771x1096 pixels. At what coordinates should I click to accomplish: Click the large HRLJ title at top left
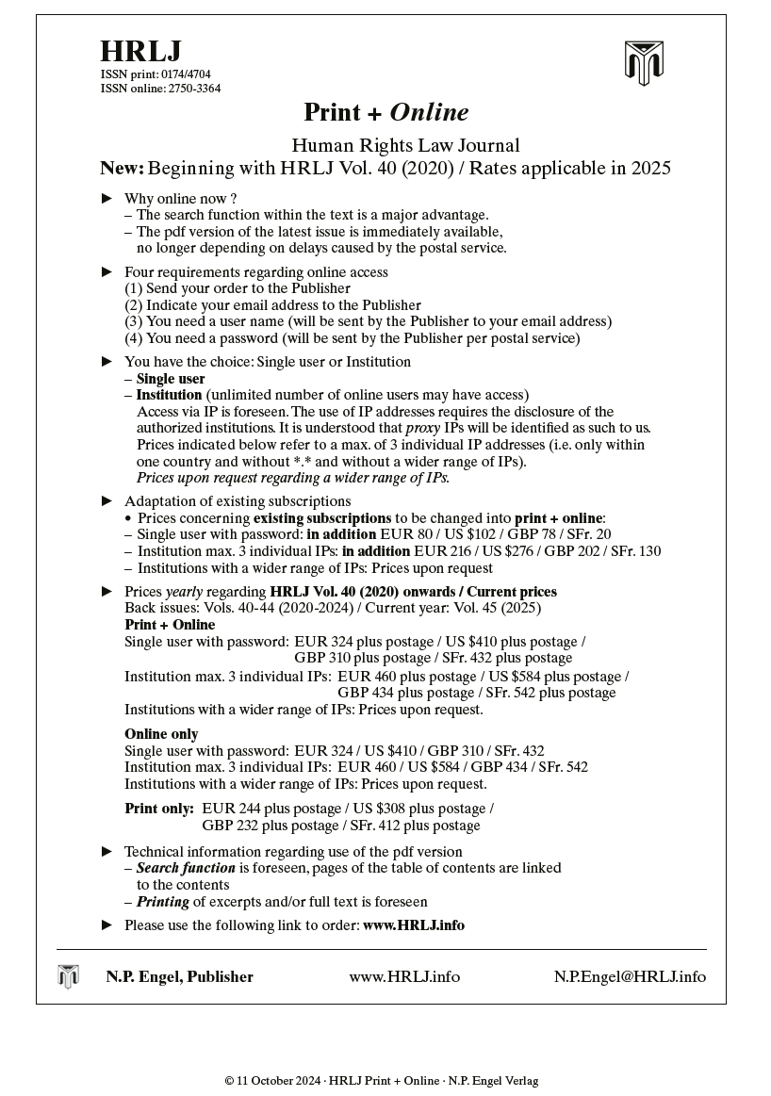(140, 51)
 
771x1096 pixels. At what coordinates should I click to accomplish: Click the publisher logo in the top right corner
(644, 63)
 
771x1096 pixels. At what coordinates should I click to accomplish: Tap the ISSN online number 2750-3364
(194, 89)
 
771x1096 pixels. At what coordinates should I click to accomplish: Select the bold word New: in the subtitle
(123, 169)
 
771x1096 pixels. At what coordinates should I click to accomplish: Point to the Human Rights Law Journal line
(405, 145)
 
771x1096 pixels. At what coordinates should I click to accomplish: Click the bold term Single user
(171, 379)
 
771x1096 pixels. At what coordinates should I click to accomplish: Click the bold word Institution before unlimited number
(169, 395)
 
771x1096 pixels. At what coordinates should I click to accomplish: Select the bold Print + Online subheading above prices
(170, 625)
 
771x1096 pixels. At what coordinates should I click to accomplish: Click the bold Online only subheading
(161, 734)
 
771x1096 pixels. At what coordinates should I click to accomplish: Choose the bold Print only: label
(159, 809)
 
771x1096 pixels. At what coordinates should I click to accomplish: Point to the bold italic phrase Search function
(186, 868)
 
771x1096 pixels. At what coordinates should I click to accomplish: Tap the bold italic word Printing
(163, 902)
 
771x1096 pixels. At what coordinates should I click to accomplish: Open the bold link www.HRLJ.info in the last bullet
(413, 925)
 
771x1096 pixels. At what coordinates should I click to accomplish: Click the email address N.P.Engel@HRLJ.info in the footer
(629, 976)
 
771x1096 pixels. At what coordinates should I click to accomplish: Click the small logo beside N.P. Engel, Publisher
(68, 976)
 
